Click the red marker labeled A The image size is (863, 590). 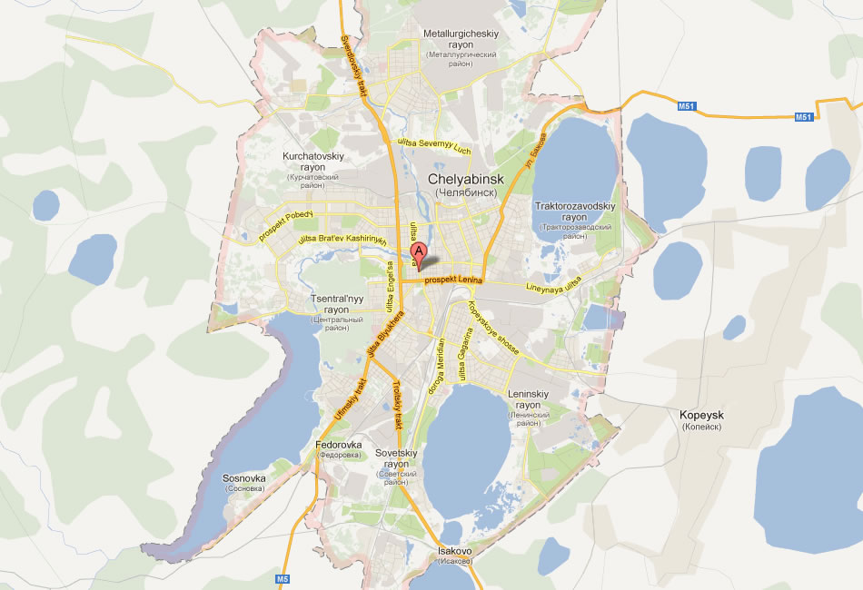418,253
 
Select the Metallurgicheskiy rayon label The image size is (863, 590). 461,44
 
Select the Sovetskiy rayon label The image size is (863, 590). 396,462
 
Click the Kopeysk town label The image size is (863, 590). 701,419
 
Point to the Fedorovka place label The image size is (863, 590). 339,448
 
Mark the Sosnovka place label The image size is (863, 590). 244,482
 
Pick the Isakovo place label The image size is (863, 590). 454,555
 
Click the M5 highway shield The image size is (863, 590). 282,578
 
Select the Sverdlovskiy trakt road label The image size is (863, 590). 353,64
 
